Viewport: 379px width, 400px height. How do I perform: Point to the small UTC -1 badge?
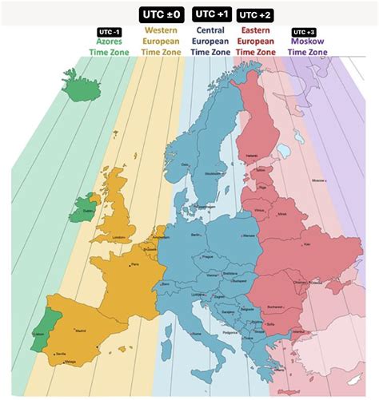point(108,31)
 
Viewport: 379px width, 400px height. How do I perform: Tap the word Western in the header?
point(161,30)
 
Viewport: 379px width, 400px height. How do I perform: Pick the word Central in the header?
point(209,30)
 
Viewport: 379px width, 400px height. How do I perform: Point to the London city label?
point(121,237)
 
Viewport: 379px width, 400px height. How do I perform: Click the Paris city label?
point(134,264)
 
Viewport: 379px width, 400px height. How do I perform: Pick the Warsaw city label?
point(249,236)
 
